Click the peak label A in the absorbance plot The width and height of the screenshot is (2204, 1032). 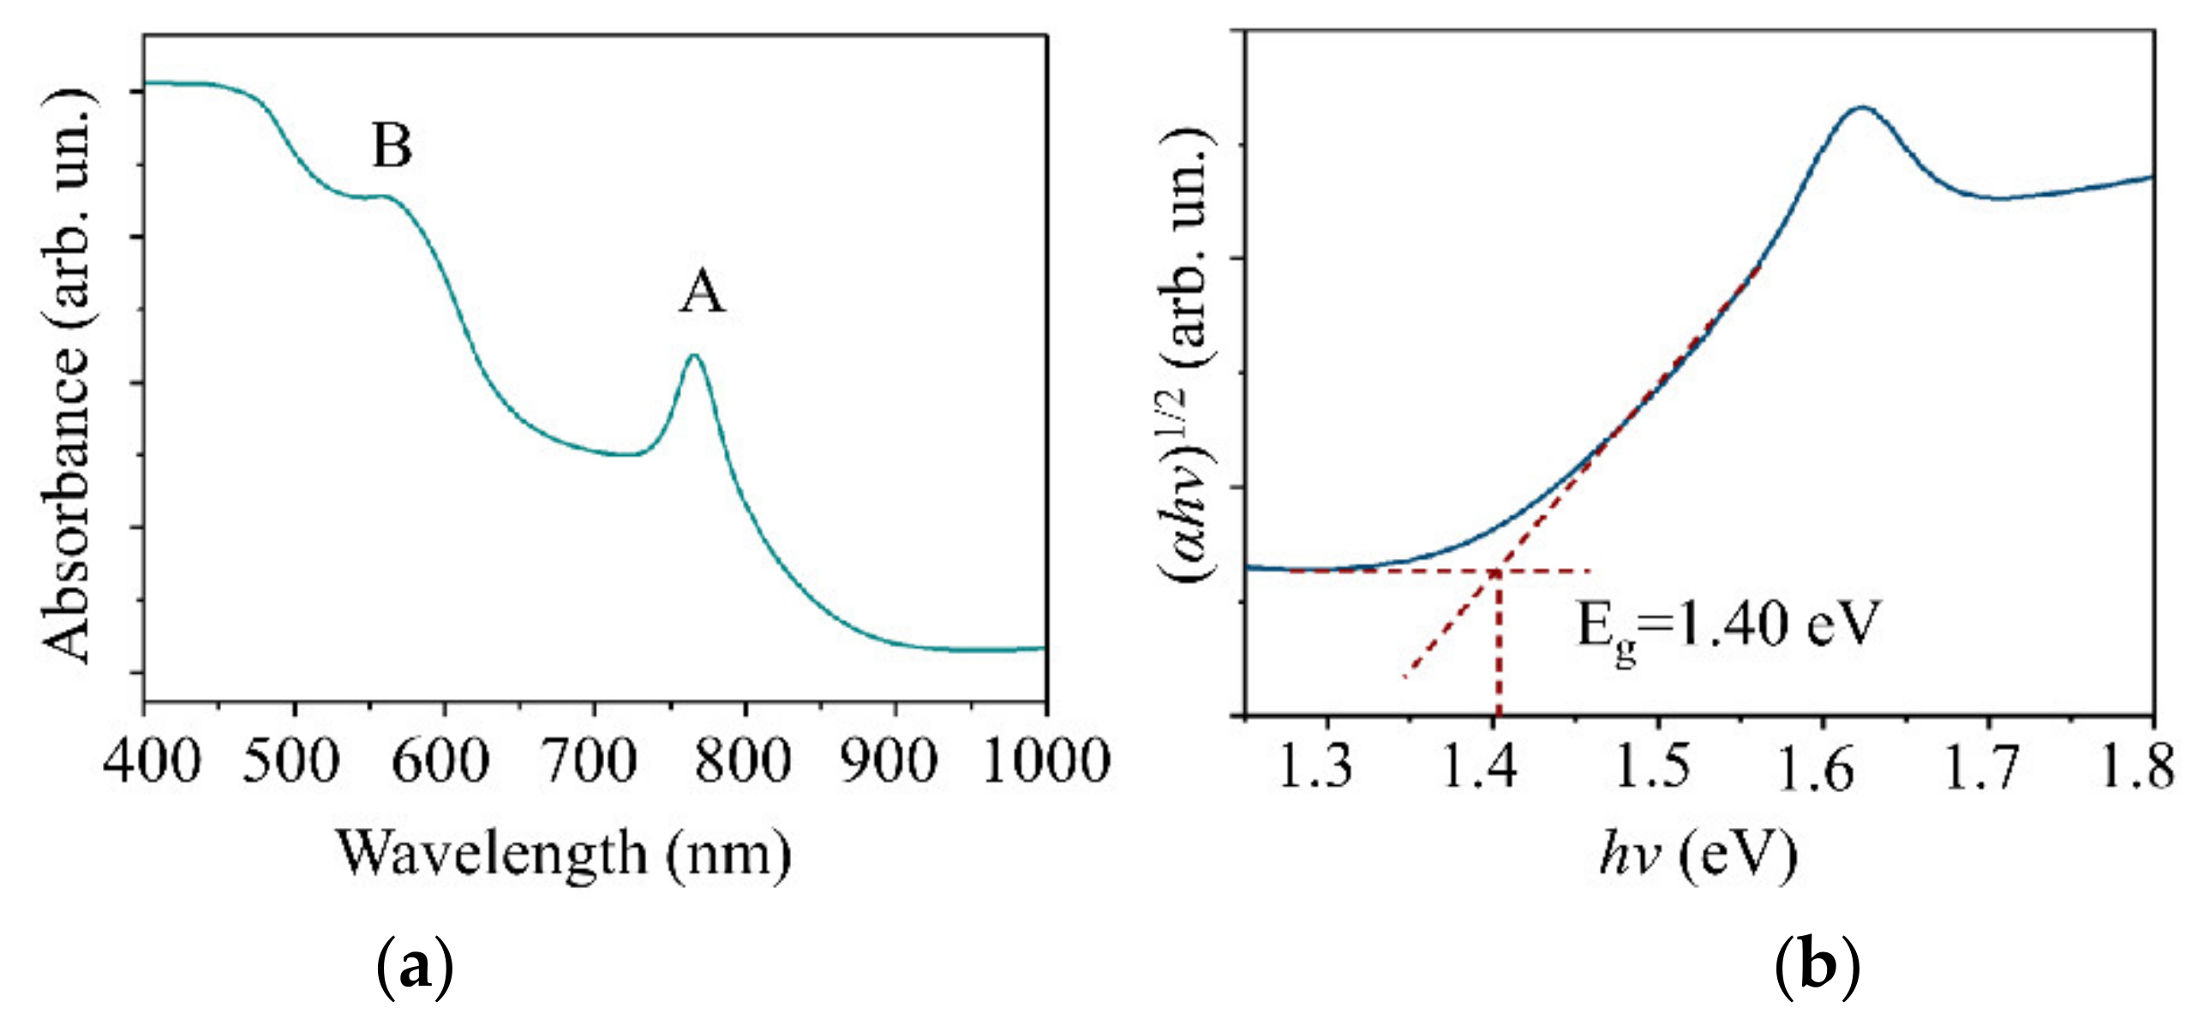pyautogui.click(x=703, y=292)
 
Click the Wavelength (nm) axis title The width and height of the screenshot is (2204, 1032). pyautogui.click(x=563, y=854)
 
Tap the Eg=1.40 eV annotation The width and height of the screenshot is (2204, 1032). pyautogui.click(x=1728, y=626)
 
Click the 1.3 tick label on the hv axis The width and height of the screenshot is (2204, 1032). pyautogui.click(x=1314, y=765)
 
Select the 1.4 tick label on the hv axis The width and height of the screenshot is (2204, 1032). pyautogui.click(x=1479, y=765)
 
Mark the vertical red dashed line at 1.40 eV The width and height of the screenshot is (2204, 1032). pyautogui.click(x=1498, y=651)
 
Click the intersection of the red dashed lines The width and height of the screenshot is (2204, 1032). pyautogui.click(x=1497, y=571)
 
